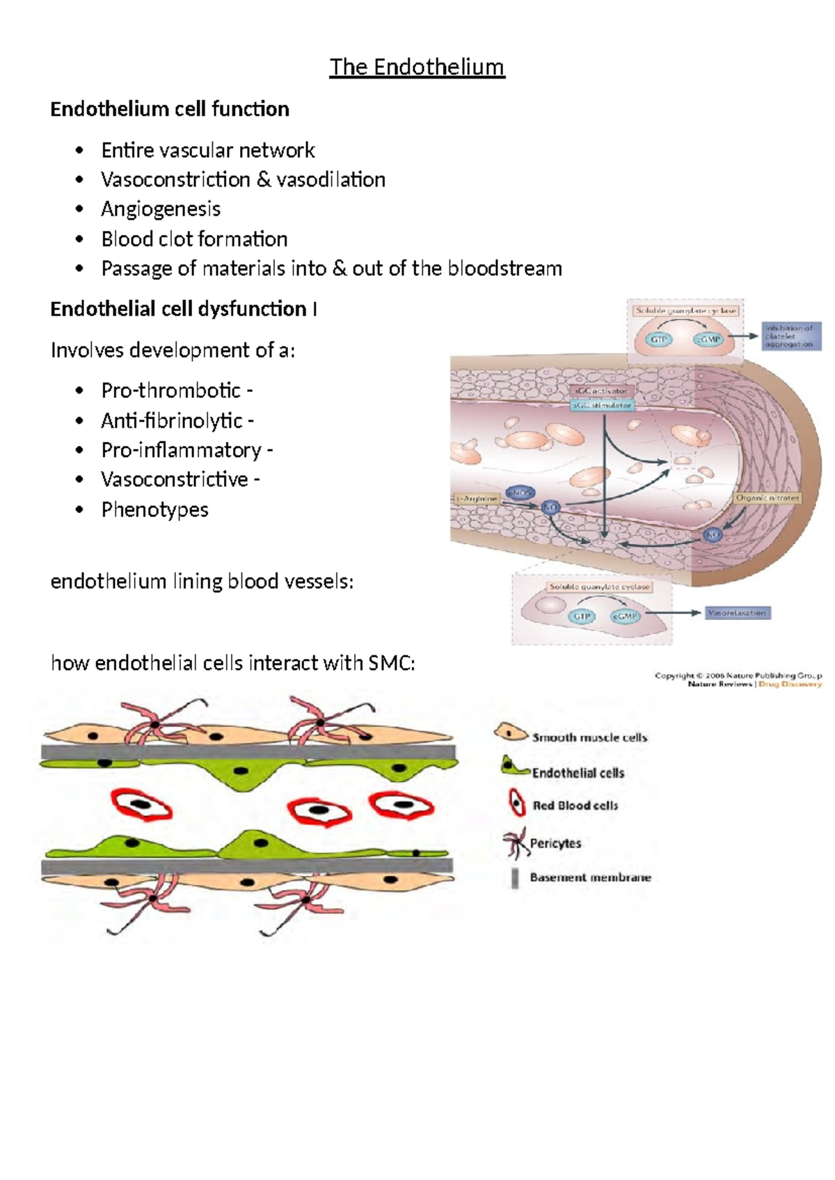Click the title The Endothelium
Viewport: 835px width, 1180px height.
pos(417,67)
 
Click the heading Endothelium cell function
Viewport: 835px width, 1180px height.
pos(170,109)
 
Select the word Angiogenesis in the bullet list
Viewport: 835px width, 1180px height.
pos(161,209)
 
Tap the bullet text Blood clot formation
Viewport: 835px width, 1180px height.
pos(194,239)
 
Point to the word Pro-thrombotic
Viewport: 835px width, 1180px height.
pos(171,390)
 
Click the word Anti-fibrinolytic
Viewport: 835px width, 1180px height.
pos(172,420)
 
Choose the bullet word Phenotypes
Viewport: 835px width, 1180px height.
pos(154,509)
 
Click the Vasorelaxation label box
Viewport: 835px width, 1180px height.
pos(737,613)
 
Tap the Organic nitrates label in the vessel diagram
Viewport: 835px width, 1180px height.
pos(768,498)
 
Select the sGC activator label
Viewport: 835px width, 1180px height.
pos(601,391)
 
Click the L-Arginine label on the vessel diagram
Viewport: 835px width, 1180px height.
pos(477,498)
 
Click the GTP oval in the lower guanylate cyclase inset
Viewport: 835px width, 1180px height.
pos(581,616)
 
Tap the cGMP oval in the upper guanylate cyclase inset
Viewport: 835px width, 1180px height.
pos(708,340)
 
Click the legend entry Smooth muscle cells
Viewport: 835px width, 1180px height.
pos(589,737)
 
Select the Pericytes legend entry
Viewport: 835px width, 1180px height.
pos(555,843)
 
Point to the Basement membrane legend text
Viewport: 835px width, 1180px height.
pos(590,877)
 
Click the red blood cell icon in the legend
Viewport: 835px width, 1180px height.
pos(516,803)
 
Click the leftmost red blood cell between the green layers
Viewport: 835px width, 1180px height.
pos(141,805)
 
